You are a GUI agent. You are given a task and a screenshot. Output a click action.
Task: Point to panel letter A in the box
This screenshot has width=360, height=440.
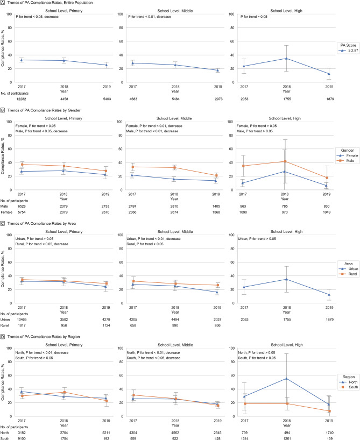pyautogui.click(x=3, y=4)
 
